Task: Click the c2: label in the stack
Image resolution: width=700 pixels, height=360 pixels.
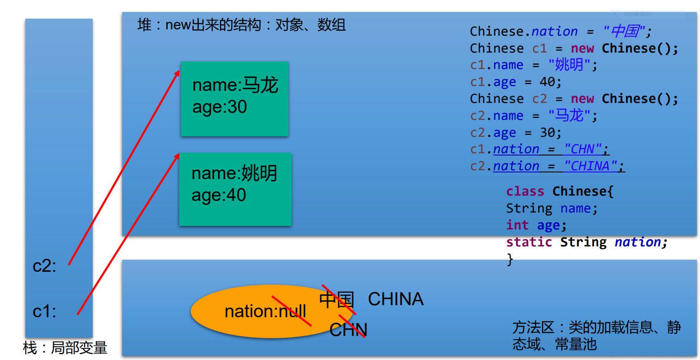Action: coord(44,266)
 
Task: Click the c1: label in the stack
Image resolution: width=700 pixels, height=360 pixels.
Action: coord(44,311)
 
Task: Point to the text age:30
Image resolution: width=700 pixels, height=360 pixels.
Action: coord(219,107)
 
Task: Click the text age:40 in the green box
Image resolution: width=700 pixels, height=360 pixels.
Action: coord(218,195)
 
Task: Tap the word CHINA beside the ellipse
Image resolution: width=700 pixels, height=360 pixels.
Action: coord(395,299)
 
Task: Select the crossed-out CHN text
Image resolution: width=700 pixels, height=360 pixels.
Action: coord(348,330)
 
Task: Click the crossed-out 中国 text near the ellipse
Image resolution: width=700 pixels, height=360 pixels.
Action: coord(337,299)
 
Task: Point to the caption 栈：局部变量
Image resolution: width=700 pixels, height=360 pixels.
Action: coord(65,348)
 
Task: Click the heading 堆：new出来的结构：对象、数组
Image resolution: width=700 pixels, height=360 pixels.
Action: coord(241,25)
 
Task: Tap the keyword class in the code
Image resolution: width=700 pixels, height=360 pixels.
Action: coord(525,192)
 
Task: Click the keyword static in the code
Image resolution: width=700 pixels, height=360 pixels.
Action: coord(529,242)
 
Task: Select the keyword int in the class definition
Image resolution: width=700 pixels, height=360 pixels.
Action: coord(517,225)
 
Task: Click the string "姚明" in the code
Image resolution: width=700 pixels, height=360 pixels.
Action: coord(569,65)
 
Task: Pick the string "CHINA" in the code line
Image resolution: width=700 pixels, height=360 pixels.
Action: coord(590,166)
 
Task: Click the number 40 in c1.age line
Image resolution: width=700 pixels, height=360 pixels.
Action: coord(548,82)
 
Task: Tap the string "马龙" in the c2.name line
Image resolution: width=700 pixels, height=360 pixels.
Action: coord(569,116)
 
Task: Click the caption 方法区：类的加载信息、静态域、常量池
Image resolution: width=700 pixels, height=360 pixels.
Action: coord(596,336)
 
